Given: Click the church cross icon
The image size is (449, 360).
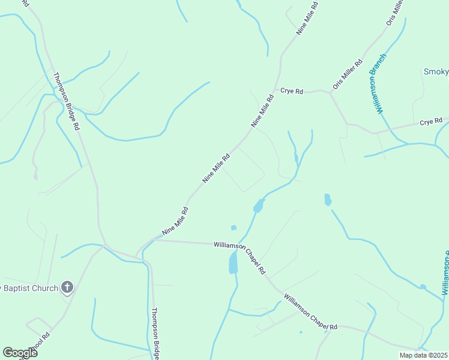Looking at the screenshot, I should [x=67, y=287].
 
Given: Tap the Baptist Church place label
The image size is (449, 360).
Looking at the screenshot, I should [x=30, y=288].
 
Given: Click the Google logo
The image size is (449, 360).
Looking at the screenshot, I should [x=20, y=353].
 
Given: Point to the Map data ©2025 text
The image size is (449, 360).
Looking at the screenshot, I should [x=423, y=355].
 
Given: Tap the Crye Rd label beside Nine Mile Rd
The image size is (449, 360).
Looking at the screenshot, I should [x=292, y=91].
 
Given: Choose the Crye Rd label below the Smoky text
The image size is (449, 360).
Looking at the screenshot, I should [x=431, y=122].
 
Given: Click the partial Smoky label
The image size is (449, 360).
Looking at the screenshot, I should [x=436, y=72].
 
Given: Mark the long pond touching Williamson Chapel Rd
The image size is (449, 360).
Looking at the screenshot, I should [x=234, y=262].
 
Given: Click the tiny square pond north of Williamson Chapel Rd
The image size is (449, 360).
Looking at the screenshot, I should [x=234, y=227].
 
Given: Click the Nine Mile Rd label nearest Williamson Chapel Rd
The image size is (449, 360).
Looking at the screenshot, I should [x=175, y=221].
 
